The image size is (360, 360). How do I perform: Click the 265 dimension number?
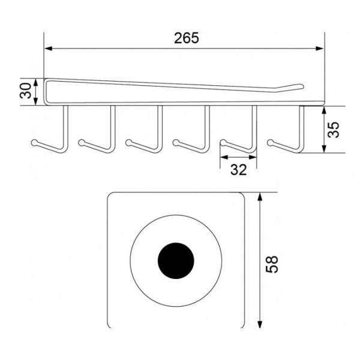point(186,38)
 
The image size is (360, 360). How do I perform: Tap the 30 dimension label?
point(26,91)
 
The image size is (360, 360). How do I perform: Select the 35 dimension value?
point(333,130)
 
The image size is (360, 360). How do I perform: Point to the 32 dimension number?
point(238,170)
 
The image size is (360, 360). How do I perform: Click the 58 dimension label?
point(272,264)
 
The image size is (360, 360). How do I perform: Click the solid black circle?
point(176,260)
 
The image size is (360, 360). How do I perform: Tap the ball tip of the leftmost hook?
point(34,142)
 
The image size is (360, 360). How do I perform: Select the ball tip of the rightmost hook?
point(270,142)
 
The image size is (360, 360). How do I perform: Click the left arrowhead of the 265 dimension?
point(48,49)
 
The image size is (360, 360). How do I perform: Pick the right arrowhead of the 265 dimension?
point(320,49)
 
